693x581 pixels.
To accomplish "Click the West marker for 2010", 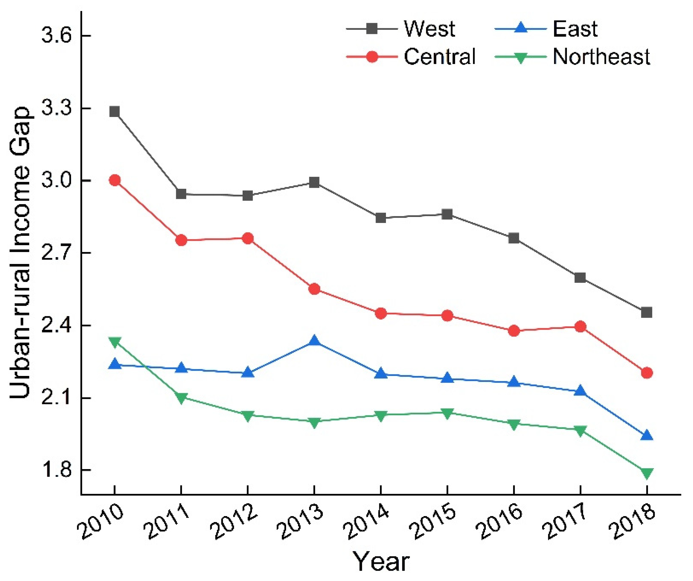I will pyautogui.click(x=115, y=112).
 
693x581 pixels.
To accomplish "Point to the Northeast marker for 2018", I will pyautogui.click(x=646, y=473).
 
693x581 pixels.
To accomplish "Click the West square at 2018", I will pyautogui.click(x=646, y=312).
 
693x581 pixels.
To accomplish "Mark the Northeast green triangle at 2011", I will pyautogui.click(x=181, y=398).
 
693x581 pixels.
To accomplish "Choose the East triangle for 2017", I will pyautogui.click(x=580, y=391).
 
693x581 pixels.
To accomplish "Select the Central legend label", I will pyautogui.click(x=439, y=56).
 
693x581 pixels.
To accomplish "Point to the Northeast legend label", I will pyautogui.click(x=601, y=56).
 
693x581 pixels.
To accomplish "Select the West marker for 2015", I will pyautogui.click(x=447, y=214).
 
